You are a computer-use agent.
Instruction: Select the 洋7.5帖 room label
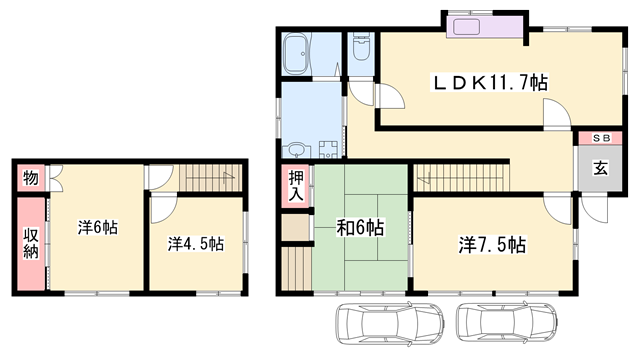pos(493,244)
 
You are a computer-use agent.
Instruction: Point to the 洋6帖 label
pos(98,228)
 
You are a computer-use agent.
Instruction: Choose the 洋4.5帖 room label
pos(195,244)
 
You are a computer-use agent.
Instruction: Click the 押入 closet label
pos(296,186)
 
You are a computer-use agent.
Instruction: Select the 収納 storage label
pos(30,244)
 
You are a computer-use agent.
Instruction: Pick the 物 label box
pos(30,179)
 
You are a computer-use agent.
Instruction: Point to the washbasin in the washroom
pos(297,150)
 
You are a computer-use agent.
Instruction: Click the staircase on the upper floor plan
pos(211,176)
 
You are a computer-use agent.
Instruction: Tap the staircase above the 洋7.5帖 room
pos(461,178)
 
